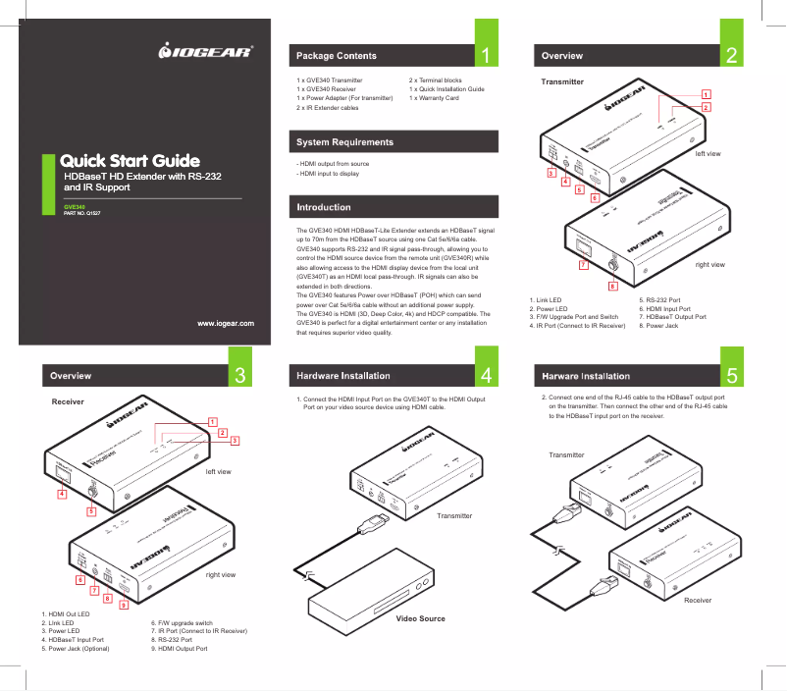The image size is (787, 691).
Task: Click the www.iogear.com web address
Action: [226, 323]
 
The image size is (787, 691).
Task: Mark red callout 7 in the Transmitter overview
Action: [583, 265]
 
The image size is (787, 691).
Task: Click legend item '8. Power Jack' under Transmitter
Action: [658, 325]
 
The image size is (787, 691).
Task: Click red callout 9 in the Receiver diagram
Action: [124, 605]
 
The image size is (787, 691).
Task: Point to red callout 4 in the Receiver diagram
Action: [62, 495]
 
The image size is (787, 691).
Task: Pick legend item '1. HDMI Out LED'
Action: [65, 614]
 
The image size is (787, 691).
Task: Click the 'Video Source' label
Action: [420, 618]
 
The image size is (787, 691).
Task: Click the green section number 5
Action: [731, 376]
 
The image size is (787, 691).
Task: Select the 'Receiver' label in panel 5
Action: [698, 599]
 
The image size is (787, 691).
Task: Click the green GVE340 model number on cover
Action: [74, 206]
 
